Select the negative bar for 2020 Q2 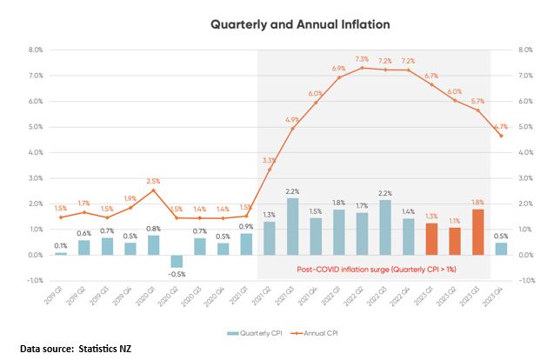point(177,262)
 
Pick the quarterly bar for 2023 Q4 point(502,249)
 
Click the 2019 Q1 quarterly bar point(61,254)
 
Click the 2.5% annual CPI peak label point(153,180)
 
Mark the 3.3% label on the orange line point(269,160)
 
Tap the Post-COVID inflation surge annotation point(373,270)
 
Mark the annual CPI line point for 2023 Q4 point(502,135)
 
